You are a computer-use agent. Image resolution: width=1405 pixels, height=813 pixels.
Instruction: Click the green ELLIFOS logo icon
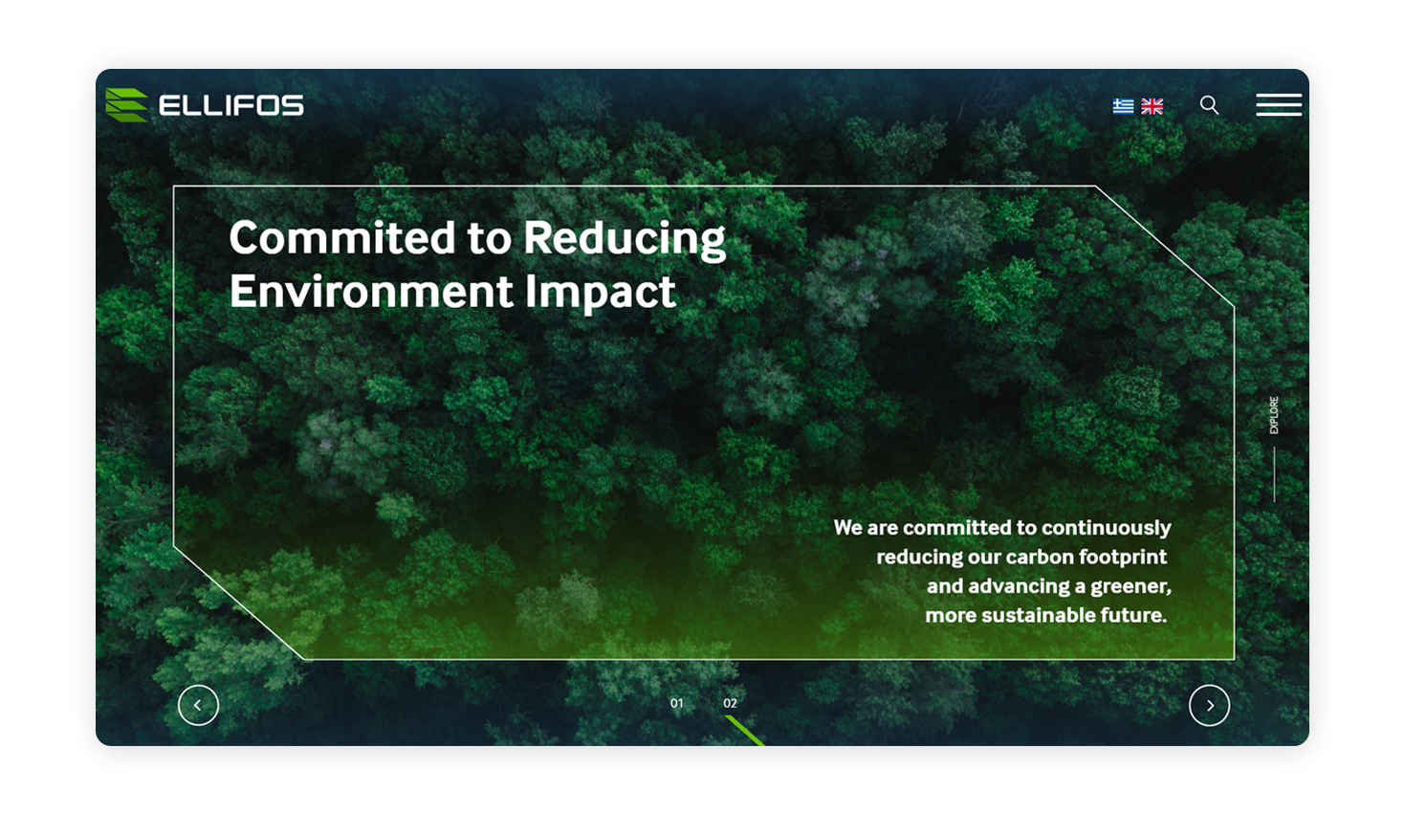126,105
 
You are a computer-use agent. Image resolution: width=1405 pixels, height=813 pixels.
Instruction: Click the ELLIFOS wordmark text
231,105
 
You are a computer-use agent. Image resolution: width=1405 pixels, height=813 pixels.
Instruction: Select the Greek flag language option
1123,106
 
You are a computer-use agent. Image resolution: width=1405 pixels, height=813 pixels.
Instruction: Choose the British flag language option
1153,106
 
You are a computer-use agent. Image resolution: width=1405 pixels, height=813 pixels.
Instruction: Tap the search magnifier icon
1209,105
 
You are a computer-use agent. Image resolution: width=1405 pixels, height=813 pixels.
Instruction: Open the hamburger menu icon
1279,105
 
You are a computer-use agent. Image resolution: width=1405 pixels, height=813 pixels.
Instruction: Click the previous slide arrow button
198,705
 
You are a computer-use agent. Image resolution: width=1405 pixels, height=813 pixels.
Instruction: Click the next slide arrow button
1209,705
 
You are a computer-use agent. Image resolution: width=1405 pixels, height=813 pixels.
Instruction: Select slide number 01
677,703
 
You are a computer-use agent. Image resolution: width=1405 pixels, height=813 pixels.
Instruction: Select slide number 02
730,703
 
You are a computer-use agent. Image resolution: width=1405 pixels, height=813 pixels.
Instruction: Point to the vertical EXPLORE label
1274,415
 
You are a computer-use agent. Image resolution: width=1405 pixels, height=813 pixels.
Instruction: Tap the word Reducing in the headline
625,240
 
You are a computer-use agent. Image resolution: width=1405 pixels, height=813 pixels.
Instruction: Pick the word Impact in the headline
601,294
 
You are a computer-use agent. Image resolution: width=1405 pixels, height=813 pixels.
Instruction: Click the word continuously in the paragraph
1107,528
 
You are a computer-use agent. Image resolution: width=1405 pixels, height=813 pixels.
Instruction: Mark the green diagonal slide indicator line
745,732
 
